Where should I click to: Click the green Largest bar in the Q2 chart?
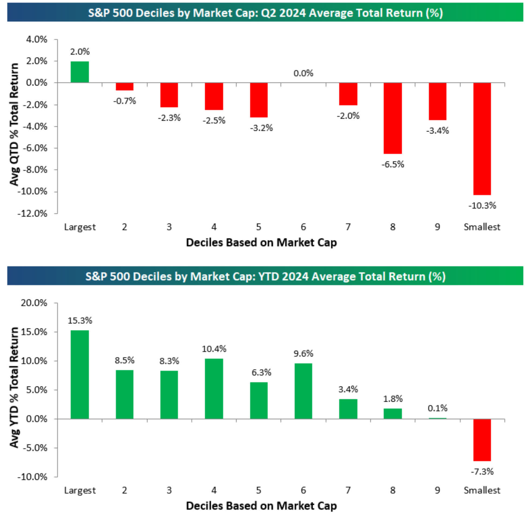[x=80, y=72]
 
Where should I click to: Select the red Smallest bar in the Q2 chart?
[x=482, y=139]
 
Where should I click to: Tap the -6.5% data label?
[x=392, y=164]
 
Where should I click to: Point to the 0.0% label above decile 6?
[x=303, y=73]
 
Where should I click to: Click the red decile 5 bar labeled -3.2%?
[x=259, y=100]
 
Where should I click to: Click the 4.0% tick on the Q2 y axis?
[x=36, y=39]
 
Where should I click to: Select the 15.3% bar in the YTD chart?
[x=80, y=374]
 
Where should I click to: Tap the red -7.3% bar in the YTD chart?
[x=482, y=440]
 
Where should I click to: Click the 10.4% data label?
[x=214, y=349]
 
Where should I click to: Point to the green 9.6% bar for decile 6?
[x=303, y=391]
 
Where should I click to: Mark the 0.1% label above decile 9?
[x=437, y=408]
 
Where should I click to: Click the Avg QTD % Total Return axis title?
[x=14, y=125]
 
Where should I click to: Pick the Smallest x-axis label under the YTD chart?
[x=482, y=490]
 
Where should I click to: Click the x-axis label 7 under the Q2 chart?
[x=348, y=227]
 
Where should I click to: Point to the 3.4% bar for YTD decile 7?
[x=348, y=409]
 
